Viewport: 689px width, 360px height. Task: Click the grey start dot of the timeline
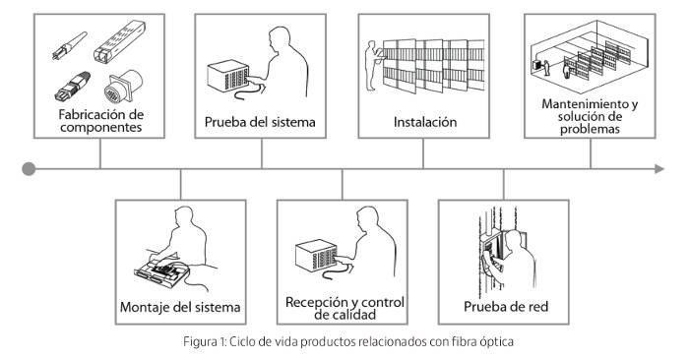coord(29,169)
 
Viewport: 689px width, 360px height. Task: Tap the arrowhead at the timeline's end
coord(659,169)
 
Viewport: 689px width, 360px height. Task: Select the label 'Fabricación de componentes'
coord(101,121)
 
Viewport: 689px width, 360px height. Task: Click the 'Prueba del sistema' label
coord(260,122)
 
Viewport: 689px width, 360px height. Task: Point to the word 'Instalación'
coord(425,122)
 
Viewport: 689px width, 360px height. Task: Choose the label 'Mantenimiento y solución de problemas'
coord(590,116)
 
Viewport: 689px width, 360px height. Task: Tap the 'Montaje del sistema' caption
coord(180,307)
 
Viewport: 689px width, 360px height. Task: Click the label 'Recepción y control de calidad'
coord(344,308)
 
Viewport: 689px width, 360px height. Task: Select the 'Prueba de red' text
coord(506,307)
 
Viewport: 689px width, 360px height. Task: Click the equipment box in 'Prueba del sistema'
coord(228,76)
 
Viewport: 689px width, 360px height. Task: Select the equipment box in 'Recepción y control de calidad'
coord(316,256)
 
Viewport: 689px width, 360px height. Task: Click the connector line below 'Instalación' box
coord(423,153)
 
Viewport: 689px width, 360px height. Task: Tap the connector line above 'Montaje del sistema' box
coord(180,185)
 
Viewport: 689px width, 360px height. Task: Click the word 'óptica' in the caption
coord(497,342)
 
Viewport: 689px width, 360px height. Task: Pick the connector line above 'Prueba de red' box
coord(504,185)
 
